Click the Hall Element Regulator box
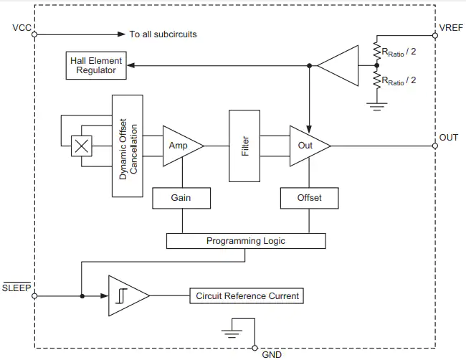96,66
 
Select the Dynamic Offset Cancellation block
128,146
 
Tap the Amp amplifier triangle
183,146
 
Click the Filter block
244,146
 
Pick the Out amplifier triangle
310,146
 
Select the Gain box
181,198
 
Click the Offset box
310,198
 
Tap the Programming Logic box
246,241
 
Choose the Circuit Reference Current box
247,295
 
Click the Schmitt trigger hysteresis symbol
121,296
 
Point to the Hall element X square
82,146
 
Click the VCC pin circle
34,34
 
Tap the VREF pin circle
435,36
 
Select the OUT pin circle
435,146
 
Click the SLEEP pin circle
34,296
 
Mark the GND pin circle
255,348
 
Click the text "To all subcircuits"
163,34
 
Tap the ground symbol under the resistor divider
377,106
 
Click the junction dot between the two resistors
377,65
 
